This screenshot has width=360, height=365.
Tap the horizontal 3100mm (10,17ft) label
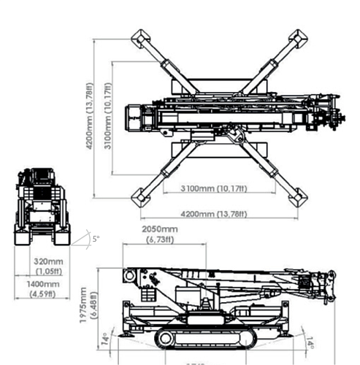pyautogui.click(x=214, y=189)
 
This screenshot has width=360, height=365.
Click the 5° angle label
pyautogui.click(x=96, y=239)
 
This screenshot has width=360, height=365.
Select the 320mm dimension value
pyautogui.click(x=48, y=261)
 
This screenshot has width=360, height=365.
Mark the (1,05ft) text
pyautogui.click(x=48, y=270)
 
